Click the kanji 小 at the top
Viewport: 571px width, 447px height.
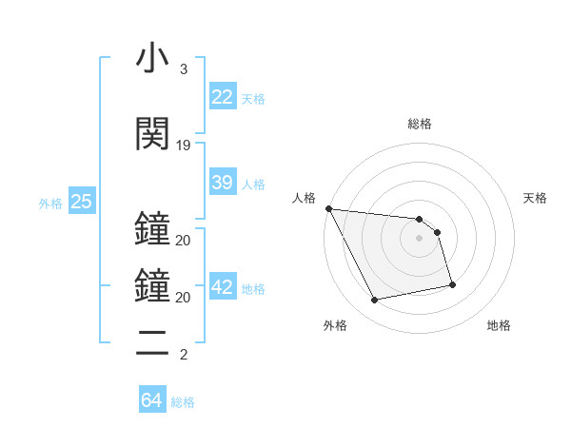(153, 58)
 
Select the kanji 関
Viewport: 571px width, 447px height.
(153, 132)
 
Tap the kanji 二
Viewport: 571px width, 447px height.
(153, 342)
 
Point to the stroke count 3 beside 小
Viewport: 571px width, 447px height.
(184, 69)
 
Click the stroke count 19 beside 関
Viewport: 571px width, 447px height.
(184, 145)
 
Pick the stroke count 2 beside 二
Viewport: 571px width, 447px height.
(184, 355)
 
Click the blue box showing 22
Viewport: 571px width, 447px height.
(223, 96)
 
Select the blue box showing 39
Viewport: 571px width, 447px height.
(223, 182)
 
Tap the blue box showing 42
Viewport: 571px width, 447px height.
(223, 287)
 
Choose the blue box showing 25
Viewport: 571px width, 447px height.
(81, 203)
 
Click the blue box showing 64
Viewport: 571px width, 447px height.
(152, 400)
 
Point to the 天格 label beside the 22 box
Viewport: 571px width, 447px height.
(253, 98)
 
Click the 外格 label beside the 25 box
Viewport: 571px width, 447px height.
(50, 204)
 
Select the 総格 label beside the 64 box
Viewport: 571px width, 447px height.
(183, 402)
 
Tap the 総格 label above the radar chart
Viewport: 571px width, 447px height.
(420, 124)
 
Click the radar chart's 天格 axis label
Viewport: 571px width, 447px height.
(535, 198)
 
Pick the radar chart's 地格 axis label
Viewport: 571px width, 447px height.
(499, 325)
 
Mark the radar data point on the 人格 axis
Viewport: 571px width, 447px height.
(328, 208)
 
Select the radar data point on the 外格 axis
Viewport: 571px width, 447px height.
(375, 301)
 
